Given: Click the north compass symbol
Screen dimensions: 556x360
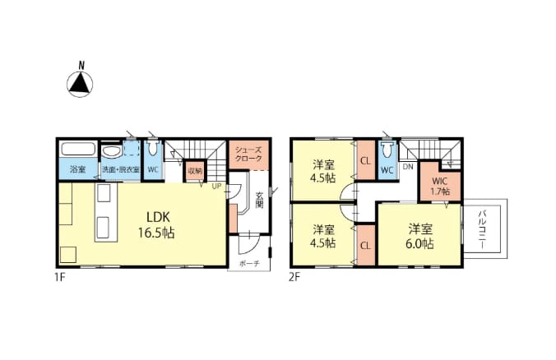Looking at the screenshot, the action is (x=80, y=81).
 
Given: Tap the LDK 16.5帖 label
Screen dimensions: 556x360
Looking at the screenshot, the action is (x=156, y=224).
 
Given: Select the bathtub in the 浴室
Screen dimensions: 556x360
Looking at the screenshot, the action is (x=78, y=149).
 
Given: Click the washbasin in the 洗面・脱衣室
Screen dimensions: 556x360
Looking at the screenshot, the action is (x=111, y=151).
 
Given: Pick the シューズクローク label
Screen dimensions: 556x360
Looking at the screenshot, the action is (x=248, y=155).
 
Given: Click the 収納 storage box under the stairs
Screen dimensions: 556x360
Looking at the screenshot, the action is (x=195, y=171).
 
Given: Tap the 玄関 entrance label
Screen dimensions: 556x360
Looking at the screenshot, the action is (x=260, y=200).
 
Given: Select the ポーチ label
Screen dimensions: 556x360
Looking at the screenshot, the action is (x=249, y=264).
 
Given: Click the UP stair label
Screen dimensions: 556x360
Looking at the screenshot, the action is (x=216, y=186).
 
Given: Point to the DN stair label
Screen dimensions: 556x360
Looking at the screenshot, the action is (x=408, y=167).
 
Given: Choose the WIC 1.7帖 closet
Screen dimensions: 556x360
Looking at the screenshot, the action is (x=441, y=182).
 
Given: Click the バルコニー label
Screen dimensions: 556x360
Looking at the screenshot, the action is (x=482, y=228).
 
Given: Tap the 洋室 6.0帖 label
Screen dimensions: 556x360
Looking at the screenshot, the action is (x=419, y=237).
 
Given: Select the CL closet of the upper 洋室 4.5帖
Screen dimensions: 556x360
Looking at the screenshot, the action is (x=366, y=160).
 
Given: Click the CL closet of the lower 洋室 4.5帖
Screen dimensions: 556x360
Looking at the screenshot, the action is (x=366, y=245).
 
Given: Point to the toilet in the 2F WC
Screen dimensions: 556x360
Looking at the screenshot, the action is (x=387, y=149).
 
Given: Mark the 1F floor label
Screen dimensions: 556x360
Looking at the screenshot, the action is (x=60, y=277).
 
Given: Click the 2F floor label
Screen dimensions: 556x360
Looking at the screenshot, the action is (x=294, y=277).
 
